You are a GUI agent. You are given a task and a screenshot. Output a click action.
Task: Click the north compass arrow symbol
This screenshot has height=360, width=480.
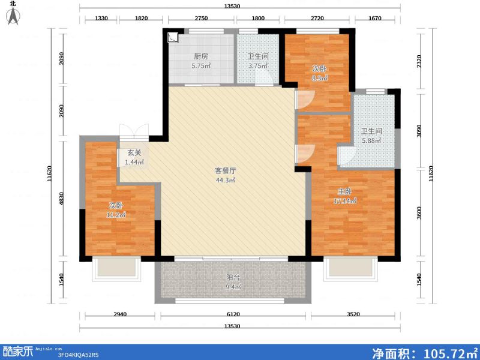(11, 16)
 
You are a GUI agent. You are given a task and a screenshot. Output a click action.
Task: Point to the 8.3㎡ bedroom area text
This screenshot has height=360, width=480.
(319, 77)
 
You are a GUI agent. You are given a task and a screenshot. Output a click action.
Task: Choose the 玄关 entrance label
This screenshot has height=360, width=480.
(134, 153)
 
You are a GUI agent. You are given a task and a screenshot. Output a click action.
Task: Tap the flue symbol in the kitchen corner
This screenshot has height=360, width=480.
(173, 37)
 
